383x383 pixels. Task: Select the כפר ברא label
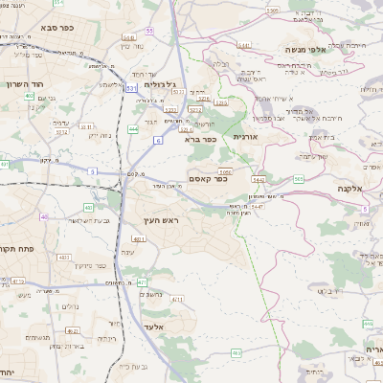click(201, 139)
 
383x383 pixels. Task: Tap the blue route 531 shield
click(130, 88)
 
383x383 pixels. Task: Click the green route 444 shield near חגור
click(132, 128)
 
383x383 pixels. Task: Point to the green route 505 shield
click(299, 179)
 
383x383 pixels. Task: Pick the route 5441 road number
click(244, 44)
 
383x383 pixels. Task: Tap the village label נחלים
click(70, 306)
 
